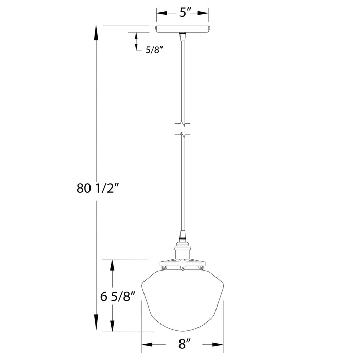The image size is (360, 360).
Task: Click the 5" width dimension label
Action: [x=183, y=12]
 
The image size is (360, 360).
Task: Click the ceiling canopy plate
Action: [x=183, y=29]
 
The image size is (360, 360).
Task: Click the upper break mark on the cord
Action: [x=183, y=122]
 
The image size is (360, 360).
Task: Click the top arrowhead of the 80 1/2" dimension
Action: [x=96, y=32]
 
